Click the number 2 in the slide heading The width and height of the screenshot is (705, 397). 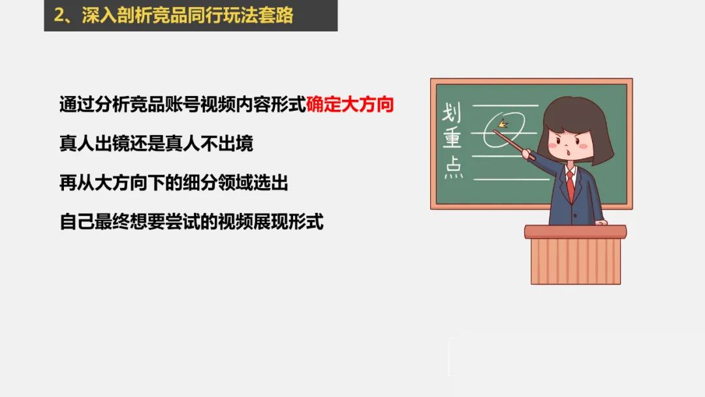pos(59,15)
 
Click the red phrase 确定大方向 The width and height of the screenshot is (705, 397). pos(350,104)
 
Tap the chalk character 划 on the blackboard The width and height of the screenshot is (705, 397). pos(451,112)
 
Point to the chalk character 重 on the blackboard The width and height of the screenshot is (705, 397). pos(452,137)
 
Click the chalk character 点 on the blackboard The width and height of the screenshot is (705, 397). pos(454,167)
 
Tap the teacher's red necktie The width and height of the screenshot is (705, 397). pos(570,186)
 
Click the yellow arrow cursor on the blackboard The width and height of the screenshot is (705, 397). pos(503,123)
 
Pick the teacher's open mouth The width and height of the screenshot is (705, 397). pos(569,152)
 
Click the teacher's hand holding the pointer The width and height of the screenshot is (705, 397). pos(527,154)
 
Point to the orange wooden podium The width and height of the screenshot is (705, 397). pos(576,255)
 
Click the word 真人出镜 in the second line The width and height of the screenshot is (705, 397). pos(95,144)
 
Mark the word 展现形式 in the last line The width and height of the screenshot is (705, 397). pos(289,221)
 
